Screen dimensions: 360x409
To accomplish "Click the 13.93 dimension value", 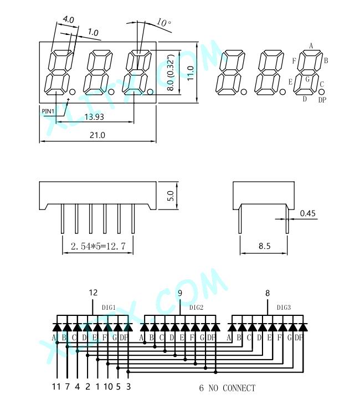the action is (94, 116).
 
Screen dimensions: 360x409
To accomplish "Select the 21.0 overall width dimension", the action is (97, 135).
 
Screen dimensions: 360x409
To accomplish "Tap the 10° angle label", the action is (164, 22).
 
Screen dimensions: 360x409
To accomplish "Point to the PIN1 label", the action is (48, 111).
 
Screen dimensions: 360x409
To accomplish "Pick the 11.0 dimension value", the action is (191, 73).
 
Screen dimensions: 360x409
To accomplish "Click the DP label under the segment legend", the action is (322, 100).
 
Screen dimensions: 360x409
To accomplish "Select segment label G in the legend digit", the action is (307, 79).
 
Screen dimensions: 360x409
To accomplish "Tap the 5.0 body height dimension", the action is (169, 196).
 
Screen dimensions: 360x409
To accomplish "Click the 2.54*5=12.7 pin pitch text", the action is (98, 246).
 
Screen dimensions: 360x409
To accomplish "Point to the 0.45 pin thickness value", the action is (307, 213).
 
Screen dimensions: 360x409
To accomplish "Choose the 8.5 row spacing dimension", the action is (264, 246).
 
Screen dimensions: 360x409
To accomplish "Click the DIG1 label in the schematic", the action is (109, 308).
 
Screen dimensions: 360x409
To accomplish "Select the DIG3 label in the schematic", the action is (284, 308).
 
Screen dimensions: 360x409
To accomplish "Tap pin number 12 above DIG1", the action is (93, 293).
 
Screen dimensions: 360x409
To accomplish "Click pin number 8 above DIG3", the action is (268, 293).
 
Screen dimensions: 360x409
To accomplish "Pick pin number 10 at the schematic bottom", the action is (108, 387).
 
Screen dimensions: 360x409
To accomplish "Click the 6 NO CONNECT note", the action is (227, 388).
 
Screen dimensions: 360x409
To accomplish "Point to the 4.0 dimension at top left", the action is (69, 19).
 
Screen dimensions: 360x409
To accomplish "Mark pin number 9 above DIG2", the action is (180, 293).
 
